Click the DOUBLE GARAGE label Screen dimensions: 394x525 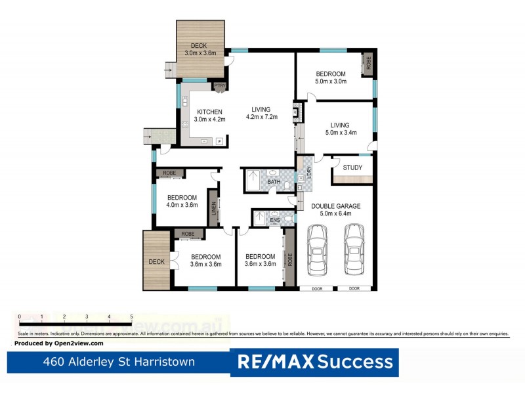point(335,206)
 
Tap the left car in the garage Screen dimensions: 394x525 point(318,252)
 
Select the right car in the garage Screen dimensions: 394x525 point(354,252)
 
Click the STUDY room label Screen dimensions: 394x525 point(352,167)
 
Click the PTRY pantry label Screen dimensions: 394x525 point(220,86)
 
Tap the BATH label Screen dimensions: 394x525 point(274,181)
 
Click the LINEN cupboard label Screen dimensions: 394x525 point(213,208)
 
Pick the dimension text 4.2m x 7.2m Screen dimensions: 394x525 point(262,118)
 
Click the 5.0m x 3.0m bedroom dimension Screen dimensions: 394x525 point(331,82)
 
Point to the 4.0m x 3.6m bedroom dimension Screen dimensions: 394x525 point(182,206)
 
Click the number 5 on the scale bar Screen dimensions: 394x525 point(132,317)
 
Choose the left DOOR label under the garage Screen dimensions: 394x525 point(317,288)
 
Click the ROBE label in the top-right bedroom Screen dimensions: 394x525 point(368,63)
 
